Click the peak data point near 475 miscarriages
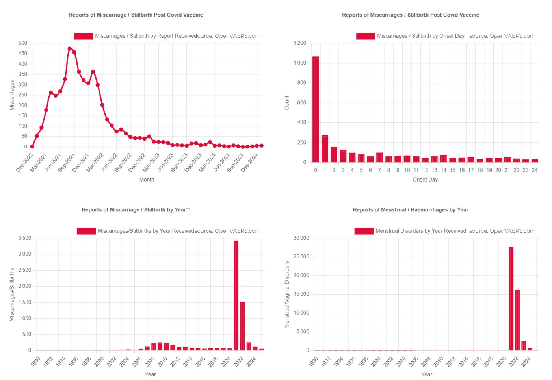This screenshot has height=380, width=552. coord(70,49)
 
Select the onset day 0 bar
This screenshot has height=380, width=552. coord(316,109)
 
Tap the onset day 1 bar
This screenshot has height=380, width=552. coord(325,149)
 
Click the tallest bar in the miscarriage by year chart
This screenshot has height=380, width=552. coord(236,295)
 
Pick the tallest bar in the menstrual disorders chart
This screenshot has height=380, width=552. coord(511,298)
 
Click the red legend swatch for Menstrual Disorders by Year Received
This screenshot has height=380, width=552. coord(364,231)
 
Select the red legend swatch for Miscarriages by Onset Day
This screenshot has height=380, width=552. coord(365,36)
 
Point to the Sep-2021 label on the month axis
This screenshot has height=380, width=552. coord(67,162)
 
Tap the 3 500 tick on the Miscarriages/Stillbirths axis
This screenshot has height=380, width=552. coord(25,238)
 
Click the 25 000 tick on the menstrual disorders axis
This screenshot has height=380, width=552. coord(301,257)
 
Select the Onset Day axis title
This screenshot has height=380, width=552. coord(425,180)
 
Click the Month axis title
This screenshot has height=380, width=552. coord(147,180)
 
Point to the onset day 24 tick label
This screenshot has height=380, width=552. coord(535,170)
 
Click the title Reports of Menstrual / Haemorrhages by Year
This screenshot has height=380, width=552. coord(411,210)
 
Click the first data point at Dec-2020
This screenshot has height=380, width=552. coord(32,147)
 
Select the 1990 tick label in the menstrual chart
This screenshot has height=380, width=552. coord(314,361)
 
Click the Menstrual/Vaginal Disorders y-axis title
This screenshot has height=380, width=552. coord(287,294)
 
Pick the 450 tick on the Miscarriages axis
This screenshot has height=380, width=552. coord(23,54)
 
